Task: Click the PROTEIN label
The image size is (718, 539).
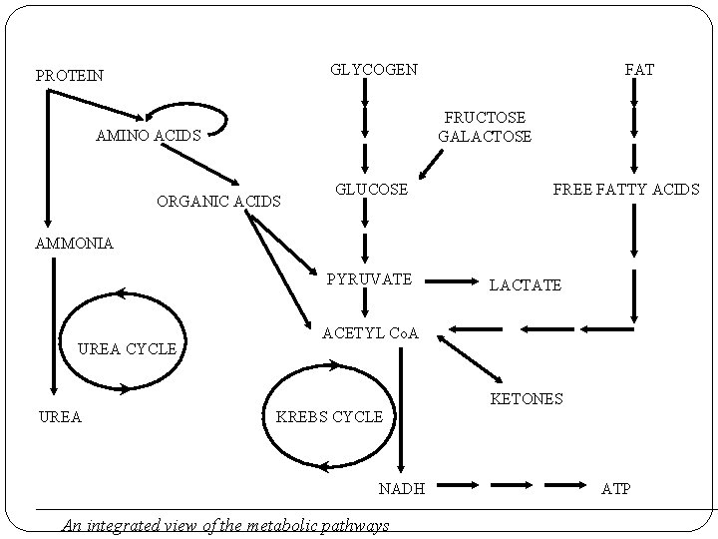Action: pos(69,75)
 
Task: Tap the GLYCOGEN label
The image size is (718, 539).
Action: pos(374,69)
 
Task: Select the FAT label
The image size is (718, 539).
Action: pos(639,69)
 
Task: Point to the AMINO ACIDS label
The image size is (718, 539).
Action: pos(148,136)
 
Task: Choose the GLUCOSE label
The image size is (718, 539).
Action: pos(371,189)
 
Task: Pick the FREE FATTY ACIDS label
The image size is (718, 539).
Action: pos(626,189)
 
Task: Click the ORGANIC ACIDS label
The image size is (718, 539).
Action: pos(219,202)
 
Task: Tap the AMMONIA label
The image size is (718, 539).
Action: pos(74,243)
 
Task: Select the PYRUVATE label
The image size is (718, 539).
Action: pos(369,278)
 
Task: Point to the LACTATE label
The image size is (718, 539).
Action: pos(525,285)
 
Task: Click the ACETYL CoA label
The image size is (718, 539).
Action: pos(371,331)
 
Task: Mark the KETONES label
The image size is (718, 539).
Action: pos(527,398)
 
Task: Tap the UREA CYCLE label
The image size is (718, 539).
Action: pos(127,348)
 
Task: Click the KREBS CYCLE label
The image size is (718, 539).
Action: pos(329,416)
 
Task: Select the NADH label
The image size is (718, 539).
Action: pos(402,488)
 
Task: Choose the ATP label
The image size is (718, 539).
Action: pos(615,488)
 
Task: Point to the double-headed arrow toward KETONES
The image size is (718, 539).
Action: pos(469,359)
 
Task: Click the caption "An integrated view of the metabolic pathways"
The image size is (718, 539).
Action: pos(224,525)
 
